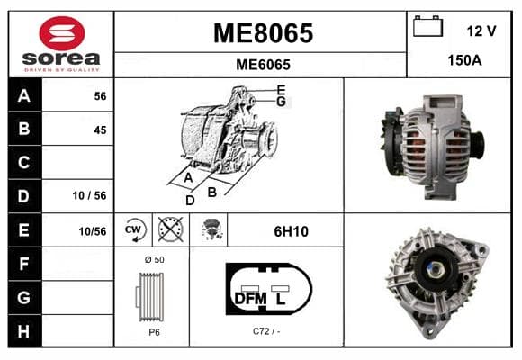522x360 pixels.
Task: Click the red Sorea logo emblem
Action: coord(62,33)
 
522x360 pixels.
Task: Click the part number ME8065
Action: coord(263,33)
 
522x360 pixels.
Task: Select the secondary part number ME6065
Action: coord(263,65)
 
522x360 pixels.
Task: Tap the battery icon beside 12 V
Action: coord(427,26)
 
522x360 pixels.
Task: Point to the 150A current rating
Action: coord(464,60)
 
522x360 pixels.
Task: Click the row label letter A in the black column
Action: coord(24,96)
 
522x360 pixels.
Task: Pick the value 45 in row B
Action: coord(100,130)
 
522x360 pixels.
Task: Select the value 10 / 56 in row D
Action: coord(89,195)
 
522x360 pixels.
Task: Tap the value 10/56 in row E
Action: coord(92,231)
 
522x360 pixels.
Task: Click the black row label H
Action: coord(24,332)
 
